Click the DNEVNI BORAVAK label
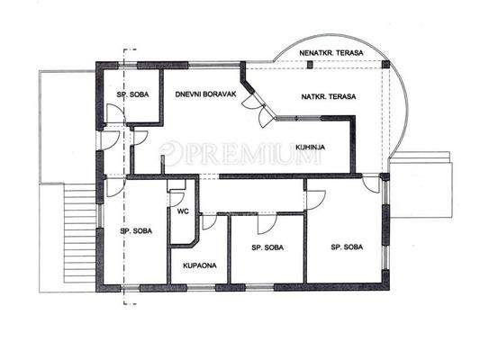205,94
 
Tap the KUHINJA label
310,147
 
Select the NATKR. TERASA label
329,97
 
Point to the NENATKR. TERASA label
331,53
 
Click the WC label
183,211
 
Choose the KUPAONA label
200,265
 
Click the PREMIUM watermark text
240,153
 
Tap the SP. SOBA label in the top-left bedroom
132,94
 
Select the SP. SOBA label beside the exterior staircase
136,231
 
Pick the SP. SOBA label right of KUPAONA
267,247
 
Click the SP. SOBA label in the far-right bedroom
347,247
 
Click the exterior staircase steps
80,233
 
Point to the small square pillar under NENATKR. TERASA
310,65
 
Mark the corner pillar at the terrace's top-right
385,65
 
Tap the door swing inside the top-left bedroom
114,113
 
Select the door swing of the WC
177,198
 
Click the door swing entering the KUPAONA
209,221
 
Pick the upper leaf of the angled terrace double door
252,100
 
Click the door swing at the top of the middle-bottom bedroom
267,224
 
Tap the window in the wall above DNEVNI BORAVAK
214,65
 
